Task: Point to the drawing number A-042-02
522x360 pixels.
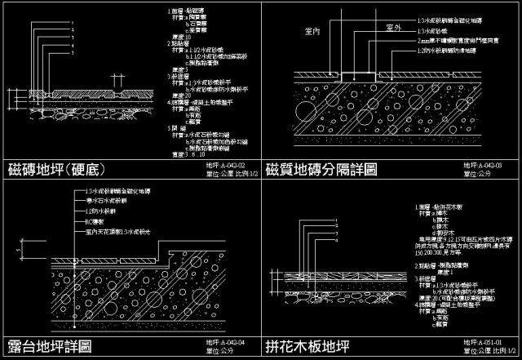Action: pyautogui.click(x=227, y=165)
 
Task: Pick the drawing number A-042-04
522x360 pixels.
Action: pyautogui.click(x=227, y=342)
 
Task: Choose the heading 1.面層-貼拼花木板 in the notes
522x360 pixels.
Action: pyautogui.click(x=441, y=208)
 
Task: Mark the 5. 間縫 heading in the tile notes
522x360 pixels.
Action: pyautogui.click(x=174, y=127)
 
